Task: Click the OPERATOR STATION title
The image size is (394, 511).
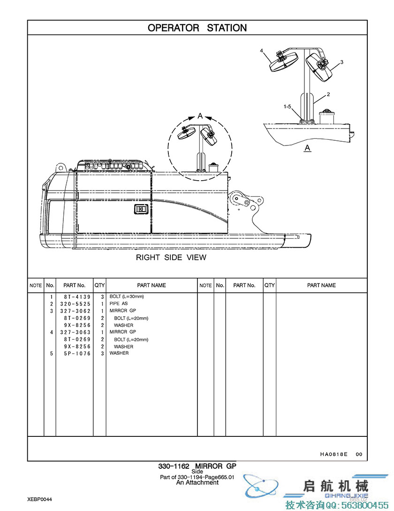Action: [x=197, y=28]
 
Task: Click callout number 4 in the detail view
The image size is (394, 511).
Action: [x=262, y=50]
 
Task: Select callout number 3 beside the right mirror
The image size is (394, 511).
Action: [x=342, y=62]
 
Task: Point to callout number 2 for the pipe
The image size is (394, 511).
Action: [x=328, y=94]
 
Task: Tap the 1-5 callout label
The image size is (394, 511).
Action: [x=288, y=107]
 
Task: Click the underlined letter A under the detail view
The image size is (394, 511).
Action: [x=308, y=148]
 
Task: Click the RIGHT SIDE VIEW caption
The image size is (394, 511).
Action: [x=171, y=257]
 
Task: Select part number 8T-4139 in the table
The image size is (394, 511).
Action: [x=77, y=297]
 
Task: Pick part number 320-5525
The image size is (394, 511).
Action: [x=77, y=304]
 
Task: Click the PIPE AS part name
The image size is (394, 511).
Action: [x=119, y=304]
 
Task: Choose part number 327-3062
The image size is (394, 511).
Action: [x=77, y=311]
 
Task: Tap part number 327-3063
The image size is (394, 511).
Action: [x=77, y=332]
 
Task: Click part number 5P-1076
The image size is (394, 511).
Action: [x=77, y=353]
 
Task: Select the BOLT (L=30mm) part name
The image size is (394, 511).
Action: [x=127, y=297]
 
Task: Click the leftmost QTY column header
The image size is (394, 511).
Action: [x=99, y=285]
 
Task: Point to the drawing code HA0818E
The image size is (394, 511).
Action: [x=334, y=454]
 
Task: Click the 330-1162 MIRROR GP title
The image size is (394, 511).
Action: [x=197, y=466]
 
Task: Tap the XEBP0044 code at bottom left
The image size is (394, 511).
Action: [x=40, y=499]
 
